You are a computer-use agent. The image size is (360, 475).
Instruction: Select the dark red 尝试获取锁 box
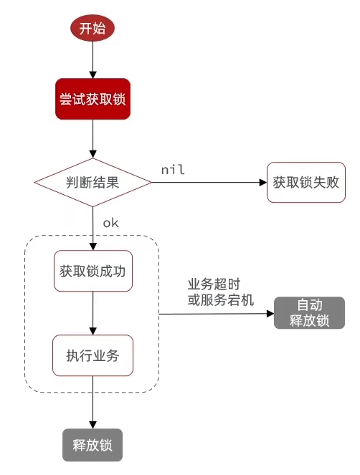point(93,98)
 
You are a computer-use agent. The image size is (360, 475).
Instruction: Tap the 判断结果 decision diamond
point(93,181)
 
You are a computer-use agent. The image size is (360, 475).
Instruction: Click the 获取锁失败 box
point(305,182)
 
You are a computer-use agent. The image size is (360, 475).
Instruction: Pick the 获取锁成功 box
point(93,271)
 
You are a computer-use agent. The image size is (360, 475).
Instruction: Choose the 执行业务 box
point(93,354)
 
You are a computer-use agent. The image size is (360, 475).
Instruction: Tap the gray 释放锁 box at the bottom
point(93,444)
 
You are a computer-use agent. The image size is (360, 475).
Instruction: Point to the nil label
point(174,169)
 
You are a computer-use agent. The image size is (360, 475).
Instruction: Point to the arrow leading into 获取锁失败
point(208,182)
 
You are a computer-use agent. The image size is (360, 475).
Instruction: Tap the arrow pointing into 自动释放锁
point(215,313)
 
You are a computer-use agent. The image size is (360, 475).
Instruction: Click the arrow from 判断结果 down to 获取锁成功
point(93,228)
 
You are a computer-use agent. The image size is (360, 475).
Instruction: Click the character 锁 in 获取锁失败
point(305,182)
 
